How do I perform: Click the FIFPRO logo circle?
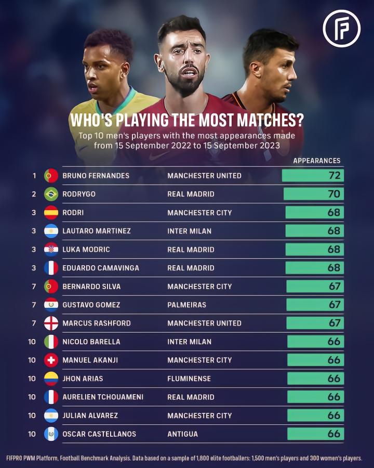[341, 29]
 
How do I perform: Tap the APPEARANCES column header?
[317, 161]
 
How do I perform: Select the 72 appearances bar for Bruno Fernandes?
[313, 176]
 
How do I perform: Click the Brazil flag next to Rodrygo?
[51, 194]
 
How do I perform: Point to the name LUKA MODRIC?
[86, 249]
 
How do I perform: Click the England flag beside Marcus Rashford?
[51, 323]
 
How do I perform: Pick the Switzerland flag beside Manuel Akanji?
[51, 360]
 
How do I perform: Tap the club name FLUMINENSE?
[189, 379]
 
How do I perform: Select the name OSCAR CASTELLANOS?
[99, 434]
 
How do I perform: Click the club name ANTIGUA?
[183, 434]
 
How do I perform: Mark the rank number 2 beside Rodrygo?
[34, 194]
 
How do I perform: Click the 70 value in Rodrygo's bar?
[334, 194]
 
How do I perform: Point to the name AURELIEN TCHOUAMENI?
[103, 397]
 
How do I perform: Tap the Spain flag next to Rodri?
[51, 213]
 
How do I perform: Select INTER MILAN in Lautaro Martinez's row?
[190, 231]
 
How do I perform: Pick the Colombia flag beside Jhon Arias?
[51, 379]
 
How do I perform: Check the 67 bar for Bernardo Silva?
[315, 286]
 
